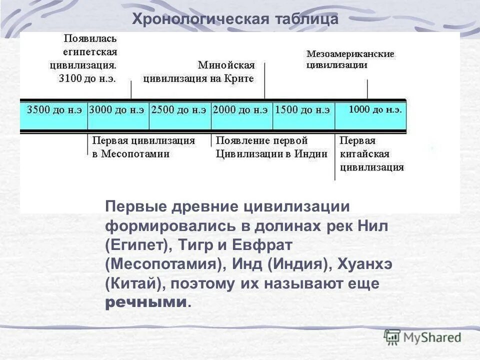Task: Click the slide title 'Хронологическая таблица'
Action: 235,19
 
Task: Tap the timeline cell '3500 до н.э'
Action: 54,109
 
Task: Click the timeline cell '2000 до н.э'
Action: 241,109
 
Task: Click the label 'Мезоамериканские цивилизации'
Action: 350,59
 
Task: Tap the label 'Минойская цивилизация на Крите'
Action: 199,72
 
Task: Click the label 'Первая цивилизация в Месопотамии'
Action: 143,147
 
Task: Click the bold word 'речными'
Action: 147,302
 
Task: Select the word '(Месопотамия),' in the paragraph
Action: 163,264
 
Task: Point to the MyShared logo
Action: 423,336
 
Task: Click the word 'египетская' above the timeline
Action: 90,52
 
